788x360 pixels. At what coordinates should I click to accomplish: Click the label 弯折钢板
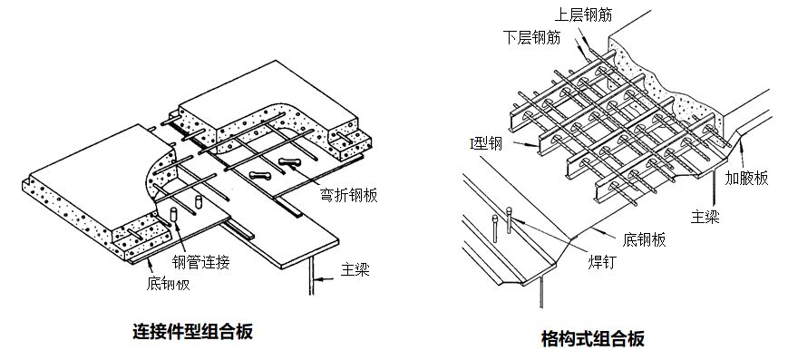click(348, 195)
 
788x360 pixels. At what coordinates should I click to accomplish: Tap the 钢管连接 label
click(200, 261)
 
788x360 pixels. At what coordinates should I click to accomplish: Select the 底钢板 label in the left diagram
click(169, 284)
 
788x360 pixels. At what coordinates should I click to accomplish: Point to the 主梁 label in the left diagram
click(355, 269)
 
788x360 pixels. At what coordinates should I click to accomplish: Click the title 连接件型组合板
click(192, 331)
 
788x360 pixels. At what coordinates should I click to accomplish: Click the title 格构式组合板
click(593, 338)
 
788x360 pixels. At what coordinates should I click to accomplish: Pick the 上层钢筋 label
click(583, 15)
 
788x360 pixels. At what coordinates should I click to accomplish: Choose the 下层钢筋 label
click(531, 37)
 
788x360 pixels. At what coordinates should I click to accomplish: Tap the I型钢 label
click(485, 144)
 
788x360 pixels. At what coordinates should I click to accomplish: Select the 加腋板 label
click(746, 178)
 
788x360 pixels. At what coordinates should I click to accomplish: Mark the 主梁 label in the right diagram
click(705, 217)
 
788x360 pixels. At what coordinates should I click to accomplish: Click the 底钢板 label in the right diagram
click(644, 239)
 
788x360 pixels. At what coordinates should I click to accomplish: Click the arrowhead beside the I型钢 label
click(534, 146)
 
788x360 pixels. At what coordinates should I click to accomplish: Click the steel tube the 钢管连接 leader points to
click(174, 213)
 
